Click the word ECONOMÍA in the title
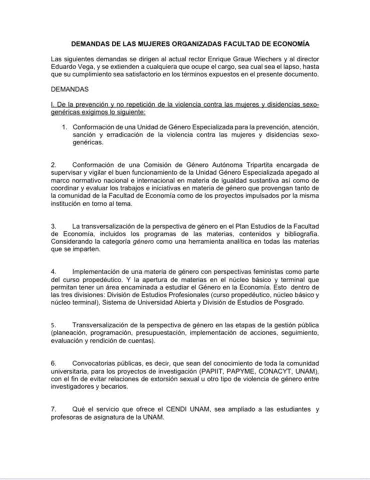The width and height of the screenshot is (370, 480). tap(291, 44)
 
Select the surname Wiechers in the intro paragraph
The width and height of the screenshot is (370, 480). tap(266, 59)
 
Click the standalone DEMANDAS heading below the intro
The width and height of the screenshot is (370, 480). tap(70, 89)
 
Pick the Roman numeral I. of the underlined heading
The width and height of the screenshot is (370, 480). tap(53, 105)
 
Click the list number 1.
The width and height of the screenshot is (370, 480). tap(65, 127)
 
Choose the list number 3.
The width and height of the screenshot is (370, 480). tap(53, 226)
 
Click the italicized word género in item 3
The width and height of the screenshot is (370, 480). tap(143, 242)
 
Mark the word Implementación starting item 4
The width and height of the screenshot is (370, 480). tap(93, 272)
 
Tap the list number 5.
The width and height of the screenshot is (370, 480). tap(53, 325)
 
